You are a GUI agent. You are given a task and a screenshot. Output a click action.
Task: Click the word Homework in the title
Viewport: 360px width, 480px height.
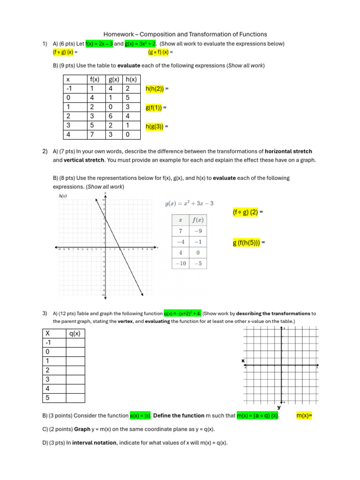pos(118,34)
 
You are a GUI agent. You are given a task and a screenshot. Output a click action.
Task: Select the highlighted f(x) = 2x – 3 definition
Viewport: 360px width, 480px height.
pos(99,44)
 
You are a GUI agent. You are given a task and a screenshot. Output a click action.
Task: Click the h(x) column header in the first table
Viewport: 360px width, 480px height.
pos(131,80)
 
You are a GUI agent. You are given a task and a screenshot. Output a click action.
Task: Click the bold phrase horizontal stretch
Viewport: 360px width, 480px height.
pos(288,151)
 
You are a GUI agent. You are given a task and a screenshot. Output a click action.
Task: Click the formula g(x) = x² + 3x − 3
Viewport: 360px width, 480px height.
pos(189,203)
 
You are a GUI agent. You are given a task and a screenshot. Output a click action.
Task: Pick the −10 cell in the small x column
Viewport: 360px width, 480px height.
pos(180,263)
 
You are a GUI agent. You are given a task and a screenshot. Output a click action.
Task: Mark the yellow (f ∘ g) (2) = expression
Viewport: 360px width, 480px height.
pos(248,212)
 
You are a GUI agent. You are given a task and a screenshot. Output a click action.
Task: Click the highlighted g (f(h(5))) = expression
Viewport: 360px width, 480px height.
pos(249,243)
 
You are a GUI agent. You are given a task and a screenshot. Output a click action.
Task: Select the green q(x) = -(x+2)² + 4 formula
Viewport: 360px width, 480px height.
pos(182,313)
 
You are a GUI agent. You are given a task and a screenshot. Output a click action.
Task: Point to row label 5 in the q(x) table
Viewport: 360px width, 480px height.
pos(47,398)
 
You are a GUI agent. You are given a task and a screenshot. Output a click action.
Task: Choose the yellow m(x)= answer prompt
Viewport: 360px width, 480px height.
pos(304,416)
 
